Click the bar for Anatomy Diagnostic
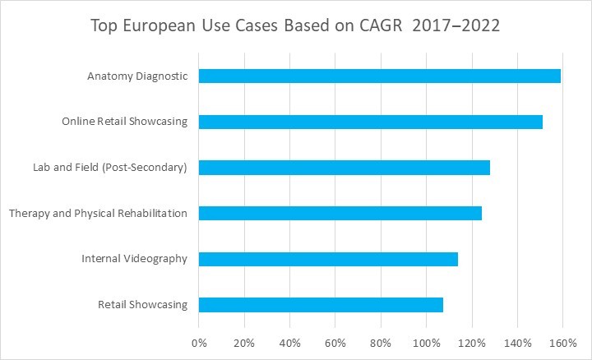point(380,76)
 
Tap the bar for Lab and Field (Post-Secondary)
point(345,168)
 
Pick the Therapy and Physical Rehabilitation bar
point(340,213)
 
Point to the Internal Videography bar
point(328,259)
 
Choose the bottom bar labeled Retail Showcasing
point(321,304)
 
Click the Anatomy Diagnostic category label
point(137,76)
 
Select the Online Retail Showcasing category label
point(125,122)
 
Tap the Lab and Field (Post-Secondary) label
point(109,168)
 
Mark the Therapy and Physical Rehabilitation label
point(98,213)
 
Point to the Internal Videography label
point(135,259)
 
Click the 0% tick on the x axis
point(199,341)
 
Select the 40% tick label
point(289,341)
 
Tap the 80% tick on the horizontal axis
point(381,341)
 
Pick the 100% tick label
point(426,341)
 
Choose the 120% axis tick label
point(471,341)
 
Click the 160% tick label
point(562,341)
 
